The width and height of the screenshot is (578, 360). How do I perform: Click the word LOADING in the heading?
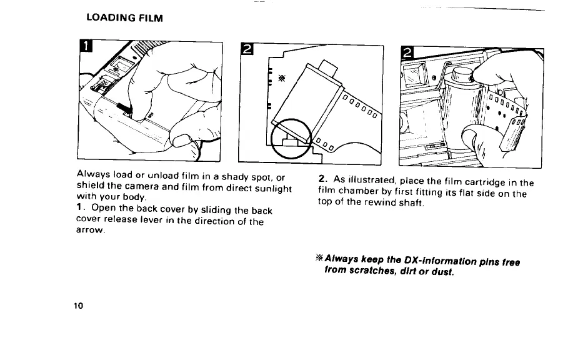point(110,18)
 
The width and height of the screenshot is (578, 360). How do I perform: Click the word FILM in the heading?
point(151,18)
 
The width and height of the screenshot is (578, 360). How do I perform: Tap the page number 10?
point(77,306)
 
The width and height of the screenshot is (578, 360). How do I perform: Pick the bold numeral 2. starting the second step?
point(322,182)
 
